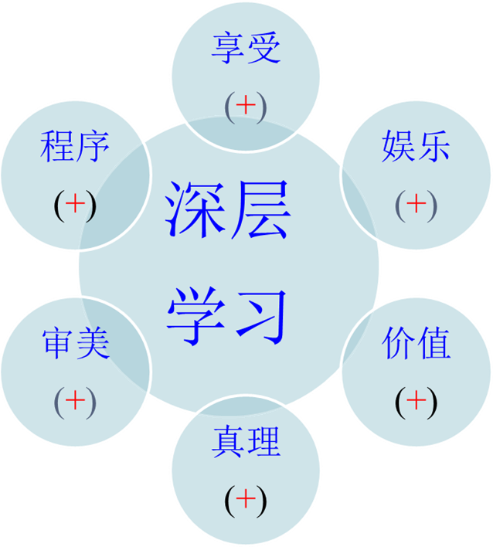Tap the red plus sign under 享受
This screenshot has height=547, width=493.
tap(245, 106)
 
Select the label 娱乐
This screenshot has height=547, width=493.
tap(416, 147)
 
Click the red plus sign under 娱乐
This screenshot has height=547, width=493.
tap(416, 203)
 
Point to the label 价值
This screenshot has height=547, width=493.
tap(416, 344)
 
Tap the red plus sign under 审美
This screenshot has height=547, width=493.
tap(75, 399)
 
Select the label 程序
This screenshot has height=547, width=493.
tap(75, 147)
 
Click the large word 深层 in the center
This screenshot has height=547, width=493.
tap(229, 210)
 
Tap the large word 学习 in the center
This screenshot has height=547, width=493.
tap(229, 315)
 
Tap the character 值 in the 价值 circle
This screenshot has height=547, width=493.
tap(433, 344)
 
